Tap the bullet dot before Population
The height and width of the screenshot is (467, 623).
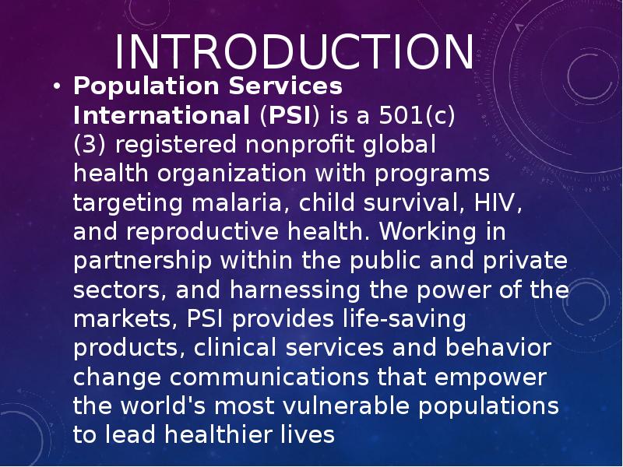[x=57, y=86]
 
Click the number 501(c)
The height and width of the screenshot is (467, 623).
[x=417, y=115]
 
